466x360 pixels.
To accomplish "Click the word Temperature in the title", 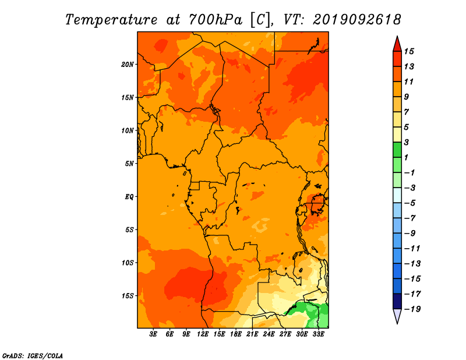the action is [111, 20].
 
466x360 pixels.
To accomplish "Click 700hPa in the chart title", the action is [215, 20].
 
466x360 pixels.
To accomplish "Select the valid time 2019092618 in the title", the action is [356, 20].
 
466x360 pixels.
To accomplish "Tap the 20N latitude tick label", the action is [128, 65].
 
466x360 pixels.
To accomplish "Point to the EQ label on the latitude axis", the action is [129, 197].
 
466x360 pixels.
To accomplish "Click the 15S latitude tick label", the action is [128, 296].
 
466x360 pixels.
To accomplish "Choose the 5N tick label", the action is [129, 164].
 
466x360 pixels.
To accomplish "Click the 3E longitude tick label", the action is [153, 334].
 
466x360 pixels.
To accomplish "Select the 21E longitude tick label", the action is [252, 334].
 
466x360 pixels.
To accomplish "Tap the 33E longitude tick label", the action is [318, 334].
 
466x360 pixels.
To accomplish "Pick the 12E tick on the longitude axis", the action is [203, 334].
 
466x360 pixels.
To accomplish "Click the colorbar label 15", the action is [409, 51].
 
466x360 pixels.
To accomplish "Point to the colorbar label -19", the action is [412, 309].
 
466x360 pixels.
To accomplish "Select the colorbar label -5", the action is [410, 203].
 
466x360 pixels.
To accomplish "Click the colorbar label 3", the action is [407, 142].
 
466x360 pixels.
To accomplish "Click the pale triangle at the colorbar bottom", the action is [397, 315].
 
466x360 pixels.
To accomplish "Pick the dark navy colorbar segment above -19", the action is [397, 301].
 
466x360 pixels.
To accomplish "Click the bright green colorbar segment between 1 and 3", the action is [397, 150].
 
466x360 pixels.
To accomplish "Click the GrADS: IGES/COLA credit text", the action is [33, 356].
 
